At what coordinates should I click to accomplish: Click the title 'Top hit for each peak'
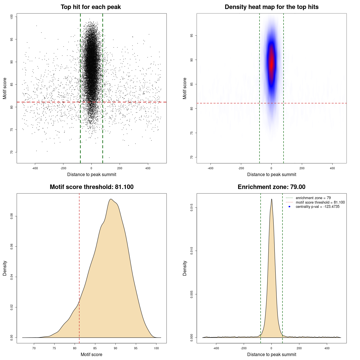(91, 7)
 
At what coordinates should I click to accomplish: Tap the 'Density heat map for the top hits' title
(271, 7)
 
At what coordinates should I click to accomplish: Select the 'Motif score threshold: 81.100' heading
(91, 187)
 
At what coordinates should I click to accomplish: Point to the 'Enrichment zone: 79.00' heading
(271, 187)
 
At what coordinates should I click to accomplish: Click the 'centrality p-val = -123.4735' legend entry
(318, 207)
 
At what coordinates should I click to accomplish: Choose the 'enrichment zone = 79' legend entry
(313, 198)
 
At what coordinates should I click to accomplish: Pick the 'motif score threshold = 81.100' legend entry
(320, 202)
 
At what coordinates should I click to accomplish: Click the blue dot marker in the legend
(289, 207)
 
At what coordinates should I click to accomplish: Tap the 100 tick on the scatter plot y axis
(12, 17)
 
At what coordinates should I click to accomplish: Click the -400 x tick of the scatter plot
(35, 168)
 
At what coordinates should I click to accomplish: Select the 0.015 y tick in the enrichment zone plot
(192, 208)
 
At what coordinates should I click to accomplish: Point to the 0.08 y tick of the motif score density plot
(12, 216)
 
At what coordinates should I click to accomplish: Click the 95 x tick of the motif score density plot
(136, 348)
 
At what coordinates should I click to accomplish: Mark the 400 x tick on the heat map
(332, 168)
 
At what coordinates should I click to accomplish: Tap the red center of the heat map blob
(271, 63)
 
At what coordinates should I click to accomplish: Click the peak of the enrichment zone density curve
(272, 199)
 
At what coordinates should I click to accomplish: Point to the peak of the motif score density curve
(111, 199)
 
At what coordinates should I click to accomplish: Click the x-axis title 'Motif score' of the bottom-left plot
(91, 354)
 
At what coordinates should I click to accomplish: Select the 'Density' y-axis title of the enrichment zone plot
(185, 268)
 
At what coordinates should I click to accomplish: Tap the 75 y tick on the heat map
(192, 133)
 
